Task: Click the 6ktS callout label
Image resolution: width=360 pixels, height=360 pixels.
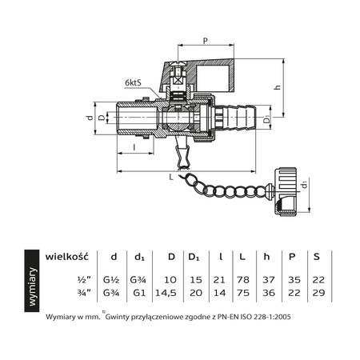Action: [137, 83]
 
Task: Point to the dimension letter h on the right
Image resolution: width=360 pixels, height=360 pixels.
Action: [298, 88]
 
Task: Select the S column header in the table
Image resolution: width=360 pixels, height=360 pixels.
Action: [318, 256]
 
